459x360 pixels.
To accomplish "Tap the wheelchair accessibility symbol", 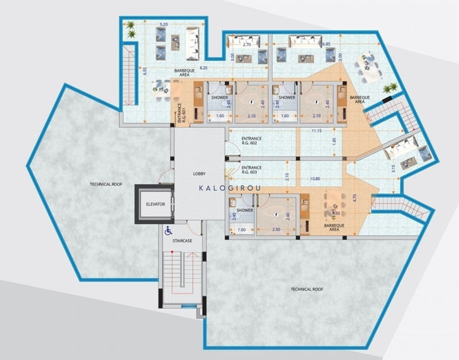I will [x=168, y=230].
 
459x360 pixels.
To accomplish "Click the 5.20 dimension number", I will [x=163, y=24].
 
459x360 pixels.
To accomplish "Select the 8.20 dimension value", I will [x=183, y=68].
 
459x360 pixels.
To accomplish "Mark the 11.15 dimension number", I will [x=318, y=130].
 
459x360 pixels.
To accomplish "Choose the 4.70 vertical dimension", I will [x=354, y=198].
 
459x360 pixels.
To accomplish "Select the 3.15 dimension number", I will [x=394, y=168].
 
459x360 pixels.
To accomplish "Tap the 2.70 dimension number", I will [x=246, y=44].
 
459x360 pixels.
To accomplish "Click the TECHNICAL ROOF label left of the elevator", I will [x=106, y=184].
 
